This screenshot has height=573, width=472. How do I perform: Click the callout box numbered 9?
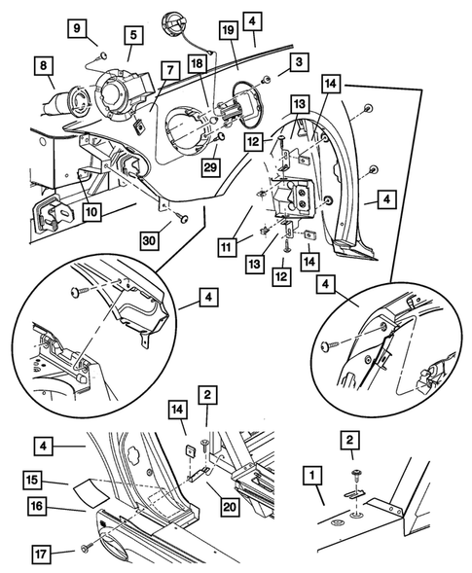pos(77,28)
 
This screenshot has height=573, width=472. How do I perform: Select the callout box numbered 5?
pos(133,35)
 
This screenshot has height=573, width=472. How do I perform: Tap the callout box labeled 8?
pos(44,66)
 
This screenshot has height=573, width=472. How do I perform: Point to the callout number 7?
pos(170,70)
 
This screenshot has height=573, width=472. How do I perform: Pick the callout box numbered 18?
pos(197,64)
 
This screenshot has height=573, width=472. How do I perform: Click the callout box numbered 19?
pos(228,30)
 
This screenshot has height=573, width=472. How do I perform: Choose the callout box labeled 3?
pos(299,62)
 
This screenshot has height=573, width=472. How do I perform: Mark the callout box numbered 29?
pos(210,167)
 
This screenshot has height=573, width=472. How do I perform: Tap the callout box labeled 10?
pos(91,211)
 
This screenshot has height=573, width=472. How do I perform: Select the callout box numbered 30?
pos(150,241)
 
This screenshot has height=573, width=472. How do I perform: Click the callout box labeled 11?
pos(227,247)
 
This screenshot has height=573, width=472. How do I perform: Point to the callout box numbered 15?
pos(32,480)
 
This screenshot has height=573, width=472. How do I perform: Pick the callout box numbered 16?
pos(37,506)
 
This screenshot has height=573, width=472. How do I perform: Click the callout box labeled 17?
pos(41,554)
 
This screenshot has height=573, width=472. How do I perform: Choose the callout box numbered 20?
pos(230,507)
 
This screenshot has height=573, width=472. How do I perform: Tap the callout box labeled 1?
pos(311,476)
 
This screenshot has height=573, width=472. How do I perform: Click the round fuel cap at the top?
pos(173,22)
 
